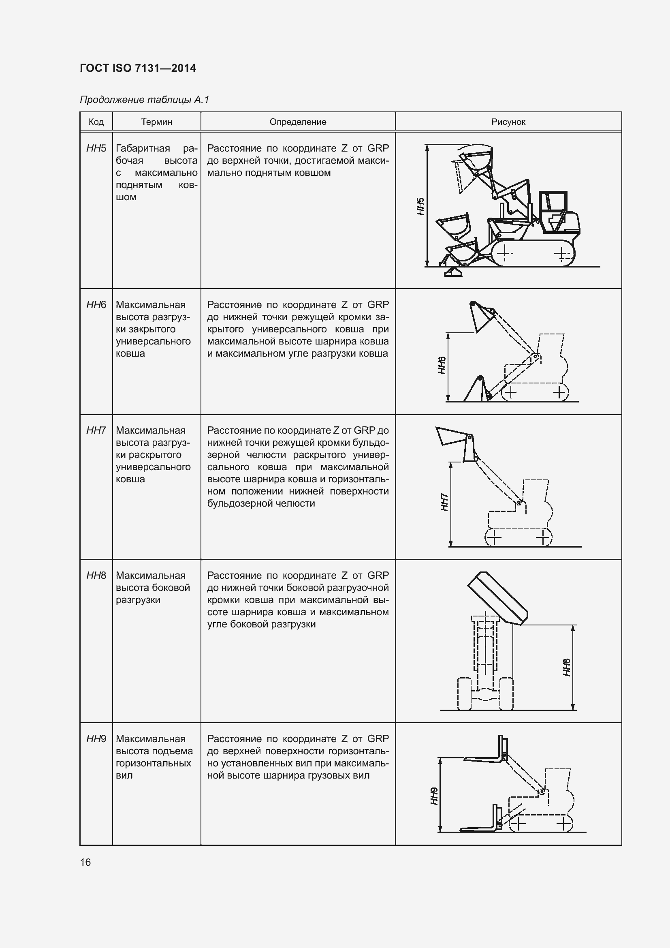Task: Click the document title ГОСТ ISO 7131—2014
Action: tap(138, 68)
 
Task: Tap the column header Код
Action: tap(96, 122)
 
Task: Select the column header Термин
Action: tap(156, 122)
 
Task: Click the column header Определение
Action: tap(298, 122)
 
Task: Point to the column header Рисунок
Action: tap(508, 122)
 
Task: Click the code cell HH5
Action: tap(96, 148)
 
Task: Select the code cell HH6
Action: tap(96, 305)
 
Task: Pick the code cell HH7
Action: tap(96, 430)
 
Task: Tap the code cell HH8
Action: tap(96, 575)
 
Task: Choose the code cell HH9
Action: tap(96, 739)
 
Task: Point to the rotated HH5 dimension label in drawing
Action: tap(420, 206)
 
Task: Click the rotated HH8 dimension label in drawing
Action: tap(567, 667)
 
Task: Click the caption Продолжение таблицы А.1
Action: tap(145, 100)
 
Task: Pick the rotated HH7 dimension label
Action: tap(444, 502)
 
